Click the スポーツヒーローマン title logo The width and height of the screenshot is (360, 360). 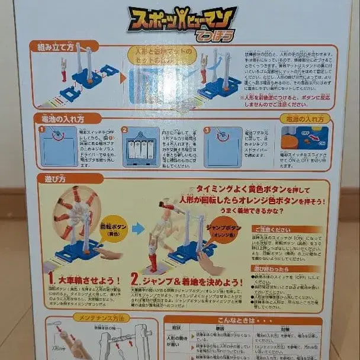182,22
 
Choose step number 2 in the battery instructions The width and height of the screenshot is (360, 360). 124,130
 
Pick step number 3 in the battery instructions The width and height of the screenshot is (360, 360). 207,130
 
